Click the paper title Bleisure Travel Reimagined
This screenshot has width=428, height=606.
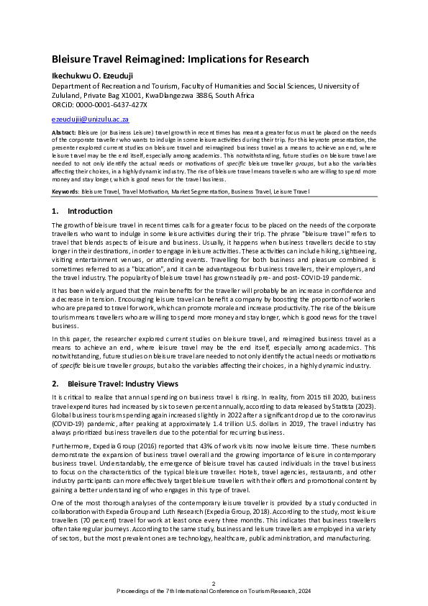coord(180,59)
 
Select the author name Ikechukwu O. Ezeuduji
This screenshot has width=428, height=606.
coord(97,73)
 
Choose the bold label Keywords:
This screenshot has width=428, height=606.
coord(65,192)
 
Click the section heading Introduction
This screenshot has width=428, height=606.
coord(90,212)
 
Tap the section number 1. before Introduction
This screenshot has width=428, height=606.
coord(56,212)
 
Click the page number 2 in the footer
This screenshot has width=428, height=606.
coord(214,583)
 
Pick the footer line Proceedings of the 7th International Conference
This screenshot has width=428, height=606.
coord(214,591)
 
